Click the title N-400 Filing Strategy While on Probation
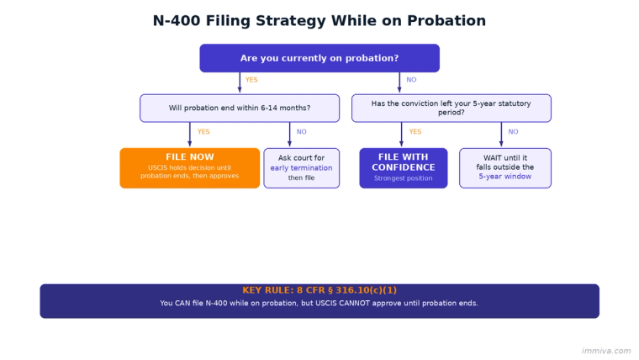click(x=319, y=21)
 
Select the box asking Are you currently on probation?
click(x=319, y=58)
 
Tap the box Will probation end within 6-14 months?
click(x=239, y=108)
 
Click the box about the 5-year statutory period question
click(x=451, y=108)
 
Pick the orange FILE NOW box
click(x=189, y=167)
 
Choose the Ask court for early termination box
click(x=301, y=167)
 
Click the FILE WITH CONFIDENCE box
click(x=403, y=167)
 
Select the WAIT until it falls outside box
click(x=504, y=167)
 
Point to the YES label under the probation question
click(x=251, y=80)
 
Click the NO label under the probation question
click(x=411, y=80)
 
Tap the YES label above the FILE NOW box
click(x=203, y=132)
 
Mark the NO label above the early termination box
click(x=301, y=132)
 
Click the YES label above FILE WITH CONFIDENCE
click(x=415, y=132)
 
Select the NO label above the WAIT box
click(x=513, y=132)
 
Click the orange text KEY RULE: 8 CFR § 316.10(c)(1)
click(x=319, y=290)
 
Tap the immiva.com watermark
click(x=605, y=351)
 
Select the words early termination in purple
click(x=301, y=168)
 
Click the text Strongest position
click(x=403, y=178)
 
